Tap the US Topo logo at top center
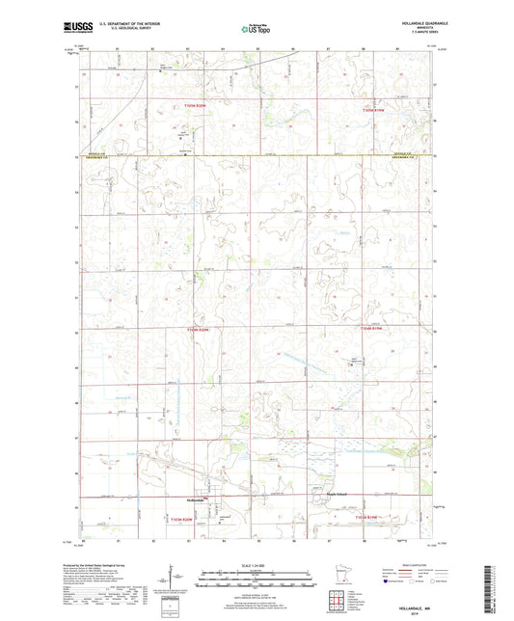coord(256,29)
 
